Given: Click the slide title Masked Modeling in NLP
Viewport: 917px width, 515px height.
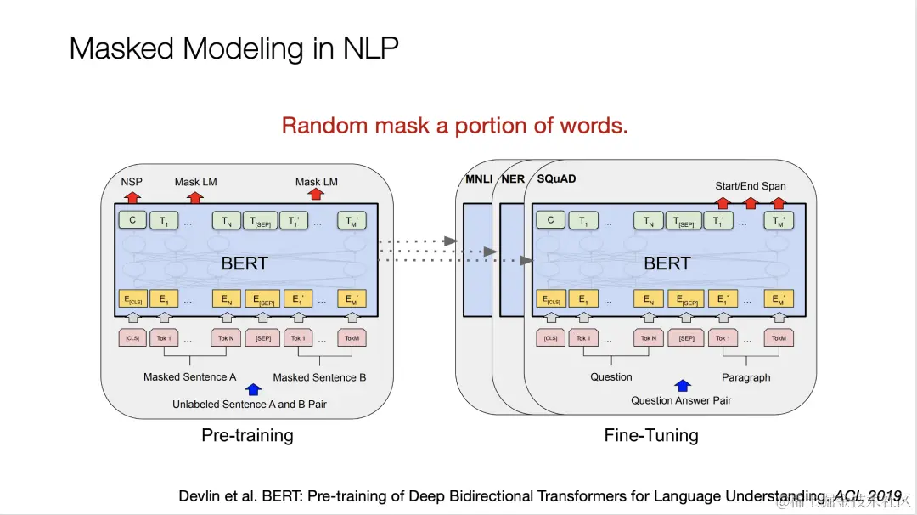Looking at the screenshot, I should pyautogui.click(x=233, y=48).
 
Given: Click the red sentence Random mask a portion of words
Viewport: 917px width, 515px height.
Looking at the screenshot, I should pyautogui.click(x=455, y=126).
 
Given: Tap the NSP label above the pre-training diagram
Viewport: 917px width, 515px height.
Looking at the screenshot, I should pyautogui.click(x=132, y=182).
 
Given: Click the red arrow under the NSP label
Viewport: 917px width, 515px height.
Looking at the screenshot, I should pyautogui.click(x=132, y=197).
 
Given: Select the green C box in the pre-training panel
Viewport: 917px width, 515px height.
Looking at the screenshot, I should pyautogui.click(x=132, y=221).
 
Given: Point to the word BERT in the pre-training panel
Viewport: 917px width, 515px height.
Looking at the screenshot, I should pyautogui.click(x=245, y=263).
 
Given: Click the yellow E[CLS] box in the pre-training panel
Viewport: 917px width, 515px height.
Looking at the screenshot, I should pyautogui.click(x=132, y=299).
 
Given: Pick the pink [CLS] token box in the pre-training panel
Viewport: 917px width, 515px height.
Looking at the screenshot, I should pyautogui.click(x=132, y=338).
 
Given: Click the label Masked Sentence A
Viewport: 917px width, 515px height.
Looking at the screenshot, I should pyautogui.click(x=189, y=377).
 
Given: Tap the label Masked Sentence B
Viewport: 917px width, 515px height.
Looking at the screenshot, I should pyautogui.click(x=319, y=377).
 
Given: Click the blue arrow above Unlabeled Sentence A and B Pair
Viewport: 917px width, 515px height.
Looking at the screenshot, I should pyautogui.click(x=252, y=390).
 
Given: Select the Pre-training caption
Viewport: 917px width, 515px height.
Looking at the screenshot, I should pyautogui.click(x=247, y=435).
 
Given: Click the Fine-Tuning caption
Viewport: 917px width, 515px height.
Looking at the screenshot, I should pyautogui.click(x=651, y=435).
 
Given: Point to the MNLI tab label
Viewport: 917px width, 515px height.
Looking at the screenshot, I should pyautogui.click(x=477, y=179).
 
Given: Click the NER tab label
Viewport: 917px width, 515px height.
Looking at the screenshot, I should pyautogui.click(x=513, y=179).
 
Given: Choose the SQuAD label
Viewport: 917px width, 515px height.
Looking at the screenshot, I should pyautogui.click(x=556, y=179).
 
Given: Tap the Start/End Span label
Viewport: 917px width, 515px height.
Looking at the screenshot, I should pyautogui.click(x=750, y=186).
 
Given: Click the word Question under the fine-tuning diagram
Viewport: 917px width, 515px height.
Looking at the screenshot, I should pyautogui.click(x=611, y=377).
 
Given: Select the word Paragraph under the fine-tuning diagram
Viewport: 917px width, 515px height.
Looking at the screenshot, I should pyautogui.click(x=745, y=377).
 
